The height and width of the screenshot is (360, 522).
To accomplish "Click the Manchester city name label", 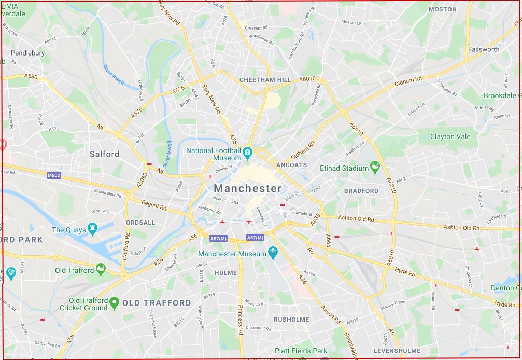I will tap(248, 188).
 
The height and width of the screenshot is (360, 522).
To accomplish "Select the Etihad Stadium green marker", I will tap(375, 168).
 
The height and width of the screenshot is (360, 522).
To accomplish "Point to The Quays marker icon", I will tap(92, 228).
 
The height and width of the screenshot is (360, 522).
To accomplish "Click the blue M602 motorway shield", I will tap(54, 175).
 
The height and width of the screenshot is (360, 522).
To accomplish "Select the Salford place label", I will tap(104, 154).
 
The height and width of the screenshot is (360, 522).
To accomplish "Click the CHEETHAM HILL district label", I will tap(265, 80).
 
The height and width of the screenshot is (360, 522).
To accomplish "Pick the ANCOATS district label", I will tap(292, 165).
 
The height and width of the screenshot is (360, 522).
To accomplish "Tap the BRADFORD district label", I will tap(361, 191).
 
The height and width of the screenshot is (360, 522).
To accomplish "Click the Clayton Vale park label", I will tap(450, 136).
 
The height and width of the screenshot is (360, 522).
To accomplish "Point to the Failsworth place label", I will tap(484, 49).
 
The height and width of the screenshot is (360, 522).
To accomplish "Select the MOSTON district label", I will tap(443, 9).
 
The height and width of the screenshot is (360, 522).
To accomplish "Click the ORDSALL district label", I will tap(140, 223).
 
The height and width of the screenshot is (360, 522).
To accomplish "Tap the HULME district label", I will tap(225, 273).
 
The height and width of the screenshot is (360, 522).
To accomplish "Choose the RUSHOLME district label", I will tap(291, 320).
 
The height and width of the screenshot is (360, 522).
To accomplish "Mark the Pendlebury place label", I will tap(28, 53).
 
